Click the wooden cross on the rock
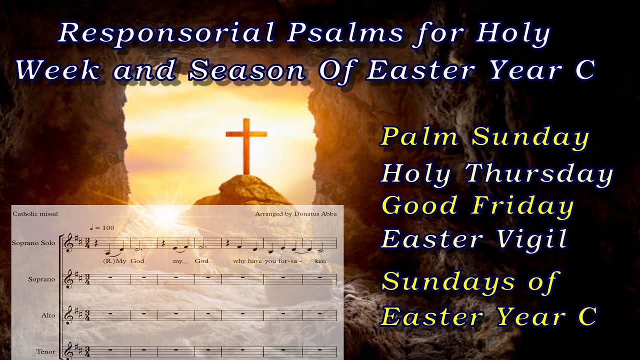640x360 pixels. pos(246,145)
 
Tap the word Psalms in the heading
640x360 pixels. pos(345,34)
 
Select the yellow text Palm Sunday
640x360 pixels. pos(485,136)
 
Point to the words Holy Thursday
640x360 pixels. pos(497,173)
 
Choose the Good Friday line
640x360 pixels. pos(477,205)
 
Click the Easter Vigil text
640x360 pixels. pos(474,238)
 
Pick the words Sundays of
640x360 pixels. pos(469,282)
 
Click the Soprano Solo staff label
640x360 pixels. pos(33,243)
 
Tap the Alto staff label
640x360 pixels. pos(48,315)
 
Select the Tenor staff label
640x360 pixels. pos(45,351)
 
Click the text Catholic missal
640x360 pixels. pos(35,214)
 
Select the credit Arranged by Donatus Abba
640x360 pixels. pos(295,214)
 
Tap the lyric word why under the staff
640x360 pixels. pos(239,261)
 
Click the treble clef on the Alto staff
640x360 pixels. pos(68,315)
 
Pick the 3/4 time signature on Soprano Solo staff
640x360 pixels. pos(87,243)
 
